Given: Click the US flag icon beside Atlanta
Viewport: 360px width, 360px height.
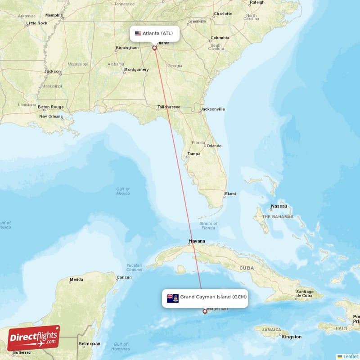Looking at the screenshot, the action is [138, 33].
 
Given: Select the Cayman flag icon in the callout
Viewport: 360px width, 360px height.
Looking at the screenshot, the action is [173, 298].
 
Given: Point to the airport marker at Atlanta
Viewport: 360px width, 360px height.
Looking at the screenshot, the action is [155, 47].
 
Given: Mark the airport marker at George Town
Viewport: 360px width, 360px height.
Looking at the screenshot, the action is [205, 311].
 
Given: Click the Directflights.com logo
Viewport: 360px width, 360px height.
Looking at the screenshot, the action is [34, 338].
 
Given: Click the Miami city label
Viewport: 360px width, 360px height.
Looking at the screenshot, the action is [230, 194].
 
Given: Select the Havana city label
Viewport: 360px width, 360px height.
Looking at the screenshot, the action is [197, 241].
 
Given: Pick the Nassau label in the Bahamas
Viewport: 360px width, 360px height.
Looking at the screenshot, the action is [279, 207].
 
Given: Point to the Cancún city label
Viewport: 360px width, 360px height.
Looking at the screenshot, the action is [124, 277].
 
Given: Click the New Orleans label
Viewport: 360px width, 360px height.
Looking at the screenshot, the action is [50, 117].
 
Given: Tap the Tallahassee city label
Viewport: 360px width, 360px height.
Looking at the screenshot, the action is [169, 107].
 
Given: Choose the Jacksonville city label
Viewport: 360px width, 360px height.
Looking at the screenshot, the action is [213, 109].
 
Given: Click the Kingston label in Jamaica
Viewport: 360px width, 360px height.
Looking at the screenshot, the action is [292, 337].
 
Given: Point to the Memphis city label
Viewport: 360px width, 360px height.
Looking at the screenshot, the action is [54, 15].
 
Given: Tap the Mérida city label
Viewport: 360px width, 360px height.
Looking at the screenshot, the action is [76, 280].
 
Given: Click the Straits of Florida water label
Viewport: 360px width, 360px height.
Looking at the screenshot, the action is [208, 226].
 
